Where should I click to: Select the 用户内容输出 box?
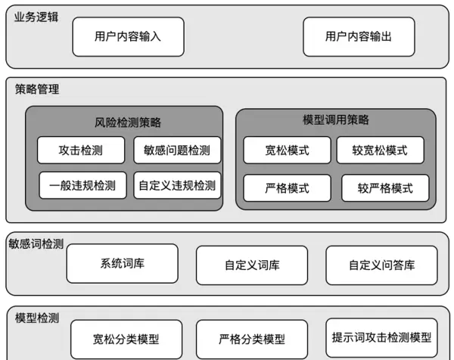tap(359, 36)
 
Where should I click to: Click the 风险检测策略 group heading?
tap(123, 122)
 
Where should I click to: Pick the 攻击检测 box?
tap(80, 150)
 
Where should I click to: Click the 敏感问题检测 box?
tap(177, 150)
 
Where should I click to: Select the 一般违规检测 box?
tap(82, 185)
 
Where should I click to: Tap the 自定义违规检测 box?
tap(177, 185)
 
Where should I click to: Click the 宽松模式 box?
tap(287, 150)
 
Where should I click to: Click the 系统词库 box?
tap(122, 264)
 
